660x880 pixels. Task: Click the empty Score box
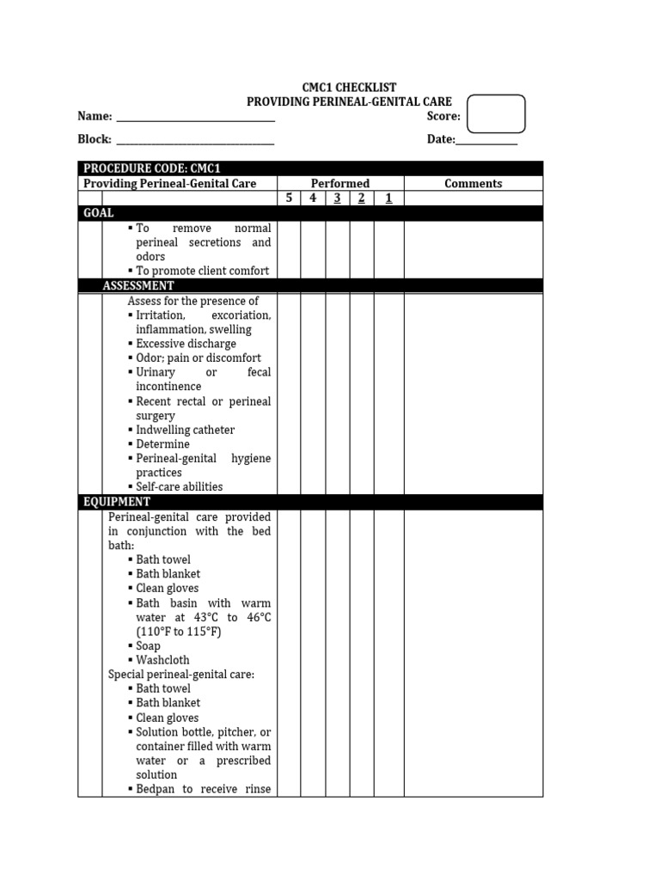[x=496, y=114]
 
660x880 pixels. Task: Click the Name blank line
[x=195, y=119]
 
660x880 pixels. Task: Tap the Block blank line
[x=195, y=143]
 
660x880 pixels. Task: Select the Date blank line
[x=486, y=144]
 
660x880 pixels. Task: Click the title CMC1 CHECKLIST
[x=349, y=88]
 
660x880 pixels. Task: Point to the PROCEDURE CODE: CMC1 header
[x=152, y=168]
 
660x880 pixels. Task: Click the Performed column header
[x=340, y=183]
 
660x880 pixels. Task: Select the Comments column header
[x=473, y=183]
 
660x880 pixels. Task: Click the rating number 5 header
[x=289, y=199]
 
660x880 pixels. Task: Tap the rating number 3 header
[x=338, y=199]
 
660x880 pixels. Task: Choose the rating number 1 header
[x=388, y=199]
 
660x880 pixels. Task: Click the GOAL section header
[x=98, y=213]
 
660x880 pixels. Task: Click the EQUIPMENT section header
[x=117, y=502]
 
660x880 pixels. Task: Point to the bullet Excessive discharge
[x=186, y=344]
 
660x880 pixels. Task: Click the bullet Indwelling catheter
[x=185, y=430]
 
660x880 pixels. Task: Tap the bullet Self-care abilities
[x=179, y=486]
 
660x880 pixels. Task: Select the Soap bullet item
[x=149, y=645]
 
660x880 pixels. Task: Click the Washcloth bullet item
[x=162, y=660]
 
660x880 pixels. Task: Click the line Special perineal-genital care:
[x=181, y=675]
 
